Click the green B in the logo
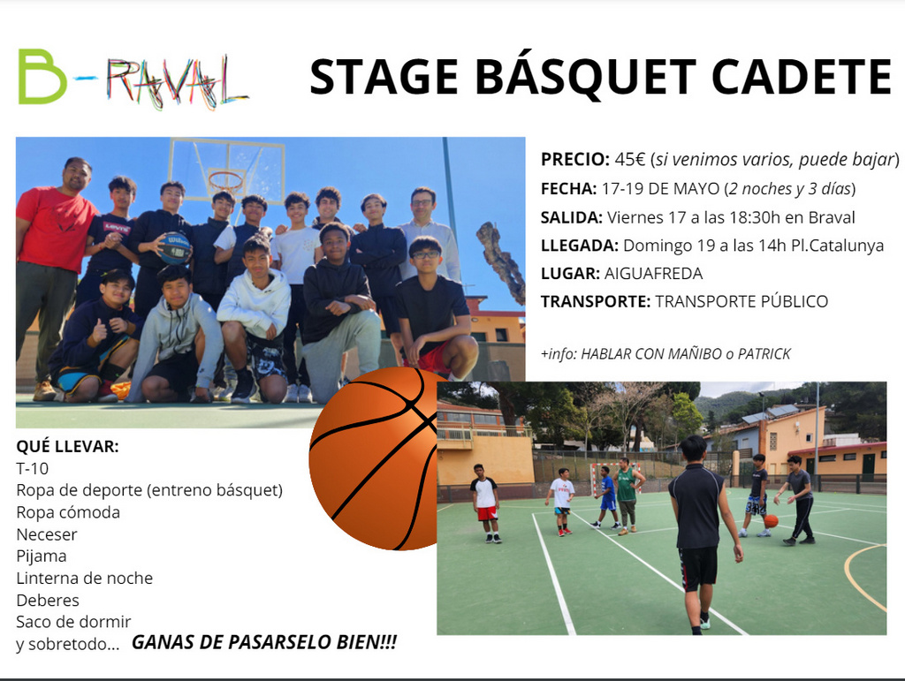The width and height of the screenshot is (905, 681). click(42, 77)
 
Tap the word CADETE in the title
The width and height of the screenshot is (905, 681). click(802, 76)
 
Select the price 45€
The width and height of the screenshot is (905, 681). click(629, 159)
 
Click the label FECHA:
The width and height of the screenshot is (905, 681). click(568, 188)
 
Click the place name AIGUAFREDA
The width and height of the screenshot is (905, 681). click(653, 273)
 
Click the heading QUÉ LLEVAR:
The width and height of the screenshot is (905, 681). click(67, 446)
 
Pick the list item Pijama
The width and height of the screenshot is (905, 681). click(42, 556)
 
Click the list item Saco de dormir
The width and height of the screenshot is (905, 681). click(74, 622)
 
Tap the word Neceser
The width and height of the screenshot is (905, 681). click(47, 534)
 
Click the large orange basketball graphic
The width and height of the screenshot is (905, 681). click(374, 458)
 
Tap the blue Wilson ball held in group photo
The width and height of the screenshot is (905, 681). click(174, 248)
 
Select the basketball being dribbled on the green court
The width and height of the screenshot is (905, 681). click(771, 521)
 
